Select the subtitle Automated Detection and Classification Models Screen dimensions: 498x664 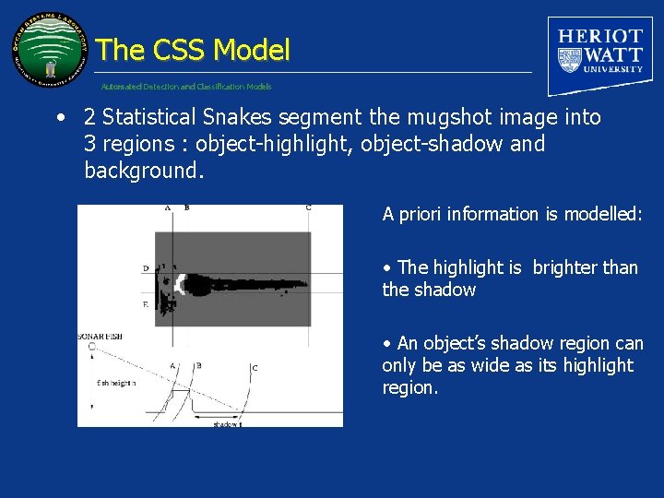(x=186, y=87)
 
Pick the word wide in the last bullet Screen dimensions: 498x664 (x=492, y=365)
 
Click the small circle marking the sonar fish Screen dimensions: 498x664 (x=91, y=348)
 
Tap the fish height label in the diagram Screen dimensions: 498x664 (x=116, y=383)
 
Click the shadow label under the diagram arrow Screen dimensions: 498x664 (x=226, y=423)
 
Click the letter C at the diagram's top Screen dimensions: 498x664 (x=308, y=208)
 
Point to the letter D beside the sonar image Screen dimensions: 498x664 (x=145, y=268)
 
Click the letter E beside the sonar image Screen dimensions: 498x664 (x=145, y=303)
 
